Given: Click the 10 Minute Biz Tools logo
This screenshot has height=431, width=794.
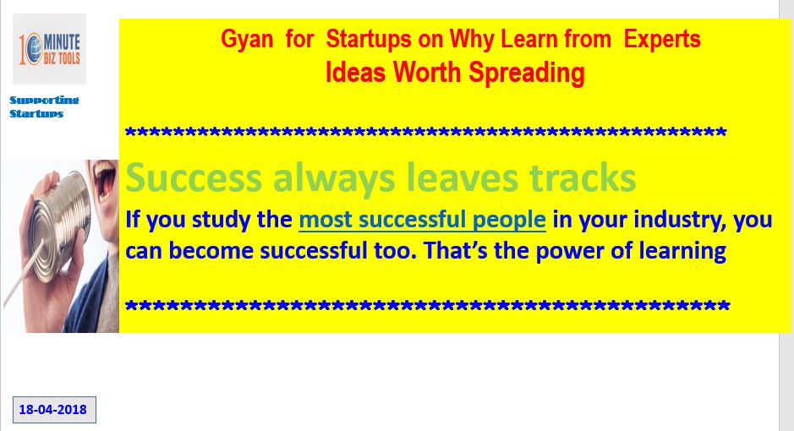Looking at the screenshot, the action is (x=49, y=49).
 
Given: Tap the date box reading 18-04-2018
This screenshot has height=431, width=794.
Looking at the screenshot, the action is (x=54, y=410).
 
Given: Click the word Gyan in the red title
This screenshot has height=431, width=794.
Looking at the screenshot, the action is (x=247, y=40).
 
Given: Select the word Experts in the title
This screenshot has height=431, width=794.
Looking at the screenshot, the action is (x=662, y=40).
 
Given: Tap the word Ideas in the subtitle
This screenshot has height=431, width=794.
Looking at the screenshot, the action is (x=355, y=72).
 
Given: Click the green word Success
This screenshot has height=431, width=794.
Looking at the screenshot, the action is (x=194, y=178).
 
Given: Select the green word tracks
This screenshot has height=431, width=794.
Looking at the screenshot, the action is (x=583, y=178).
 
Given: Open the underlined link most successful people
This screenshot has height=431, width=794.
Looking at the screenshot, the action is (x=422, y=221).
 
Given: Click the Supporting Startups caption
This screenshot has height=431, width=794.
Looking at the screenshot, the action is (x=44, y=106).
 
